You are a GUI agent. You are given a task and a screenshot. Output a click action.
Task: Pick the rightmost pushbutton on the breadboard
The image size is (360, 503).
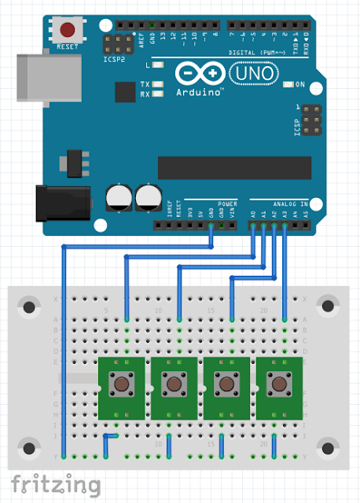278,384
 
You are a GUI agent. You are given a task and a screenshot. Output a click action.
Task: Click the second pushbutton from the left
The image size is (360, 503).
174,384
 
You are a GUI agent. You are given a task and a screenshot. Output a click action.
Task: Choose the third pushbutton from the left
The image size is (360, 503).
226,384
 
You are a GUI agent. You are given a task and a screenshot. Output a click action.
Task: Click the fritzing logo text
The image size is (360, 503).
55,483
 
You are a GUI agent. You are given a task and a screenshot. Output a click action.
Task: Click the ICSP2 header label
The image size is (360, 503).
115,58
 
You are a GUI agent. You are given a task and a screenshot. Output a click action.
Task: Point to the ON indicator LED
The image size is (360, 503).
288,84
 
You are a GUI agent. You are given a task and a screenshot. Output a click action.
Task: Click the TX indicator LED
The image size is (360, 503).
160,84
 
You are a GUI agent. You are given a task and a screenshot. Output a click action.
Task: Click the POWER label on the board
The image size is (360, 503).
227,204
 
